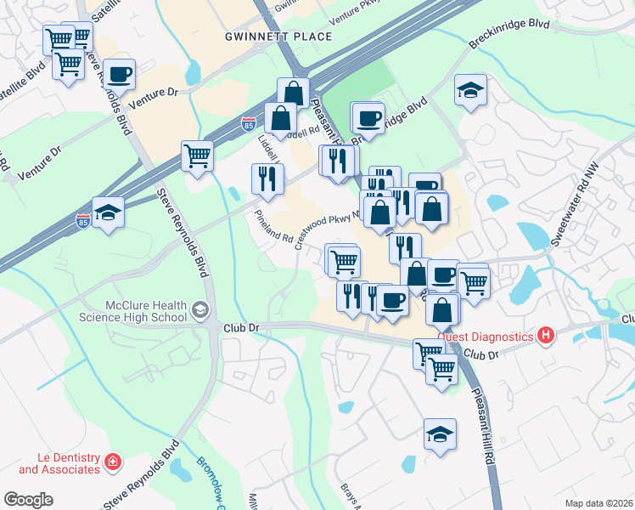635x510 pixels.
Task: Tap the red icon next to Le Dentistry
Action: point(113,463)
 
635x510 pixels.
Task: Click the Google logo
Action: point(28,499)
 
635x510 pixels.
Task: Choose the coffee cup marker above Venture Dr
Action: point(119,74)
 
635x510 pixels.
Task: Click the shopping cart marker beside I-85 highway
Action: point(196,156)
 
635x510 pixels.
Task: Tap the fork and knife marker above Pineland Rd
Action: point(267,178)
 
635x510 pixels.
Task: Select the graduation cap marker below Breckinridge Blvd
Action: point(469,91)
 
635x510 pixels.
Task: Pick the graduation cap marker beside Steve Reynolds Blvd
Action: point(108,212)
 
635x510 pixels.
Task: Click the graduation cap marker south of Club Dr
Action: point(440,434)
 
